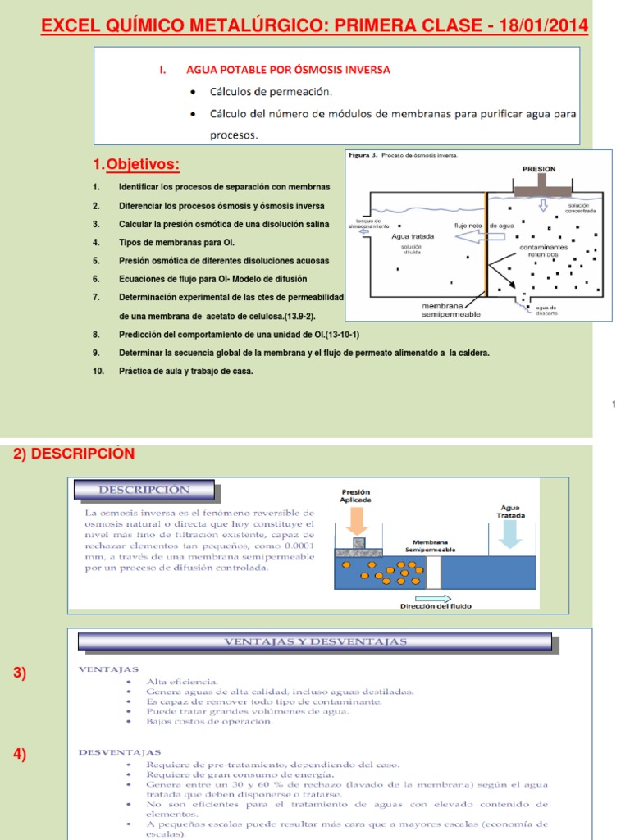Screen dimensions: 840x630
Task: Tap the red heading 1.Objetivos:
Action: tap(136, 166)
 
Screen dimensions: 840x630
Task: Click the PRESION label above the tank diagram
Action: tap(538, 169)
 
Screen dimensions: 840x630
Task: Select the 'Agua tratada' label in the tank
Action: tap(413, 236)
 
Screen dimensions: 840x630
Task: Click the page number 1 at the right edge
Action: tap(614, 404)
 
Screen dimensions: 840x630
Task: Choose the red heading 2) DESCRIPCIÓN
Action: tap(74, 454)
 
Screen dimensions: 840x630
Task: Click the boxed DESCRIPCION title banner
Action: tap(144, 490)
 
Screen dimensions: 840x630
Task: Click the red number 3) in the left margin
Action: tap(20, 673)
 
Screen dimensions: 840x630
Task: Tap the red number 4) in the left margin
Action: tap(20, 756)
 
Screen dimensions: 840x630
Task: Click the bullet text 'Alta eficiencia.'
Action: tap(182, 681)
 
